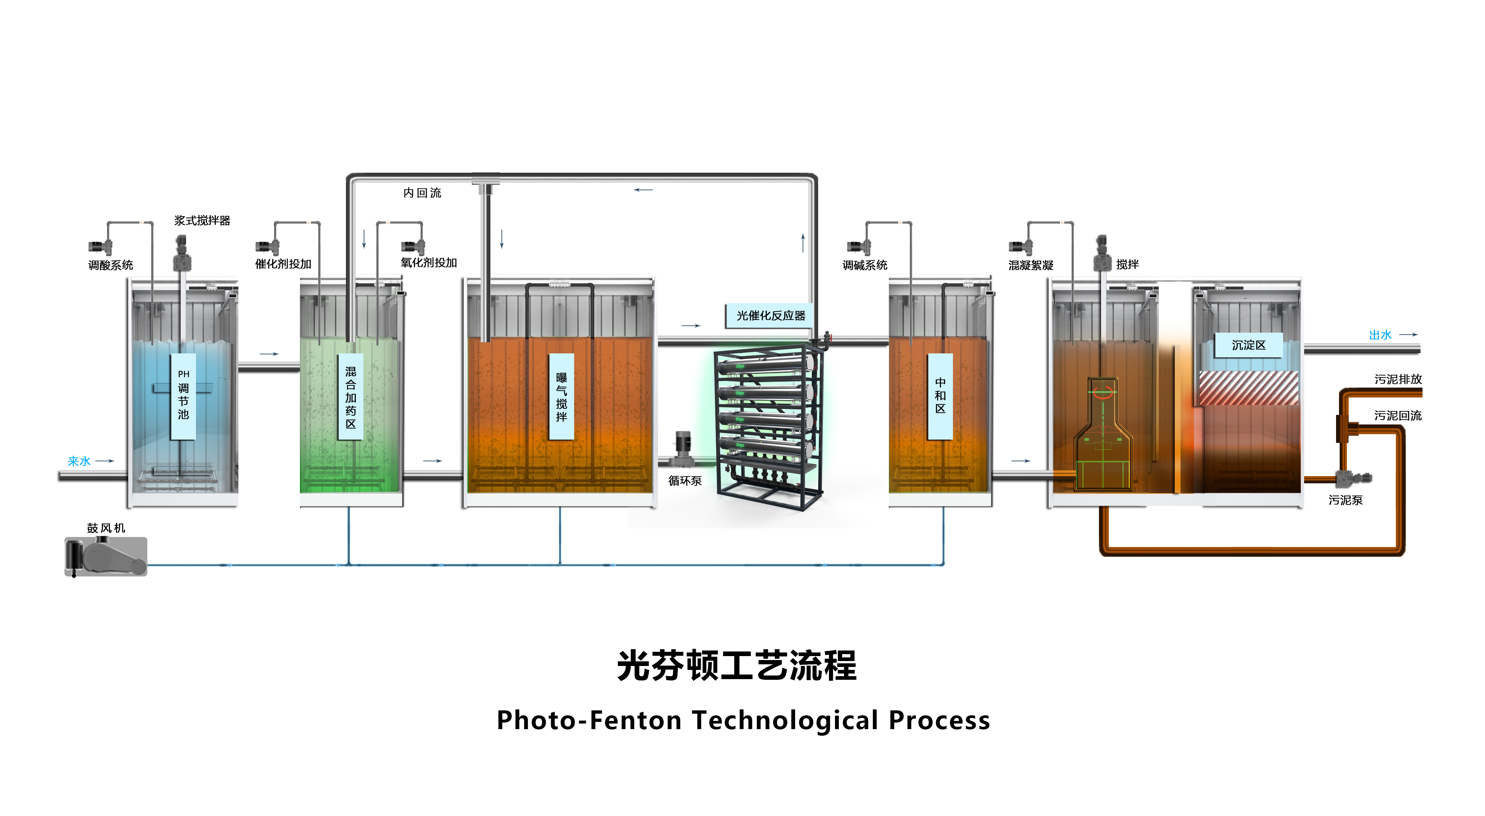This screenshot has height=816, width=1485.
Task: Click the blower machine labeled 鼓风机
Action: pyautogui.click(x=106, y=556)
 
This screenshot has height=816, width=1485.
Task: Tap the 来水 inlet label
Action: pyautogui.click(x=79, y=461)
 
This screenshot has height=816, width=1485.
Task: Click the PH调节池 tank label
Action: pyautogui.click(x=183, y=395)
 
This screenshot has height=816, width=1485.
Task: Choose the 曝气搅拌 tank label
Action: pyautogui.click(x=561, y=397)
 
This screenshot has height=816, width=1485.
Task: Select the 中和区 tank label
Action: pyautogui.click(x=940, y=395)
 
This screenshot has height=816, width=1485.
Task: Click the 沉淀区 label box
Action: pyautogui.click(x=1249, y=345)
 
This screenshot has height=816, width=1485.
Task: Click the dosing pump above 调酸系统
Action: pyautogui.click(x=100, y=247)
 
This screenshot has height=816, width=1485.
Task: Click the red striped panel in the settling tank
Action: pyautogui.click(x=1249, y=388)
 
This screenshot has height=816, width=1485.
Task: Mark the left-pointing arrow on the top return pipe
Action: pyautogui.click(x=643, y=190)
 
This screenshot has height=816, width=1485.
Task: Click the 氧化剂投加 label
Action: pyautogui.click(x=428, y=263)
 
